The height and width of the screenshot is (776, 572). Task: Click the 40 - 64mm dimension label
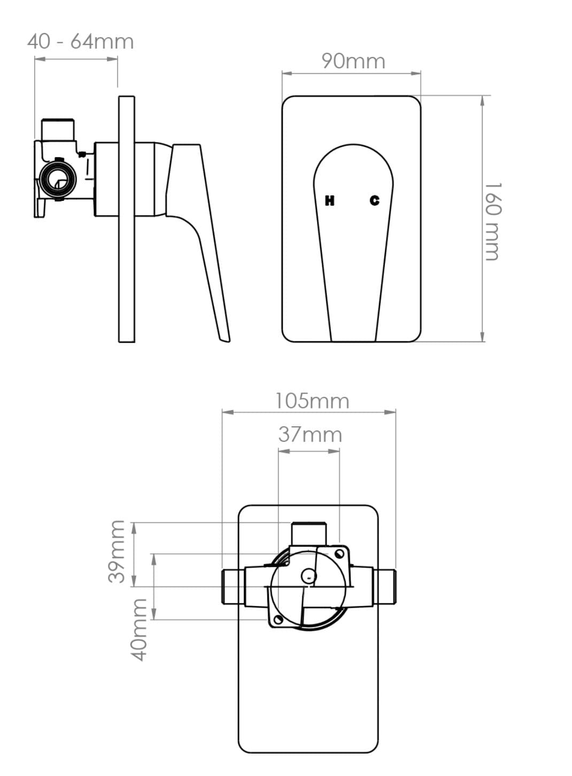point(80,42)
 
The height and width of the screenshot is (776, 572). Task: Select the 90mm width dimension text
point(353,61)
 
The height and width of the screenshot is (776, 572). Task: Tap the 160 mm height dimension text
point(493,221)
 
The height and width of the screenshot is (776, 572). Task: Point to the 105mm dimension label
point(312,401)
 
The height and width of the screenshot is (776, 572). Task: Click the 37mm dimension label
point(310,435)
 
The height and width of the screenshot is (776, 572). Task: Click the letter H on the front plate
point(330,201)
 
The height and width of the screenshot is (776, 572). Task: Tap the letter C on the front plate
point(375,201)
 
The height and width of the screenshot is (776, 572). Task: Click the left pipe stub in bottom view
point(233,586)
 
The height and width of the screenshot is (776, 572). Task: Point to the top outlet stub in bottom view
point(308,533)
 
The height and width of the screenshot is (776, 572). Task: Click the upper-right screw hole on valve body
point(339,553)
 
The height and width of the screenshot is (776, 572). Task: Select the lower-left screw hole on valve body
point(277,620)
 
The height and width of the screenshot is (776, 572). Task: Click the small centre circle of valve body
point(308,576)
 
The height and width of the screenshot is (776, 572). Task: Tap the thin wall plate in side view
point(126,219)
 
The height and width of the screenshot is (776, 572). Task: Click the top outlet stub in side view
point(58,129)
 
